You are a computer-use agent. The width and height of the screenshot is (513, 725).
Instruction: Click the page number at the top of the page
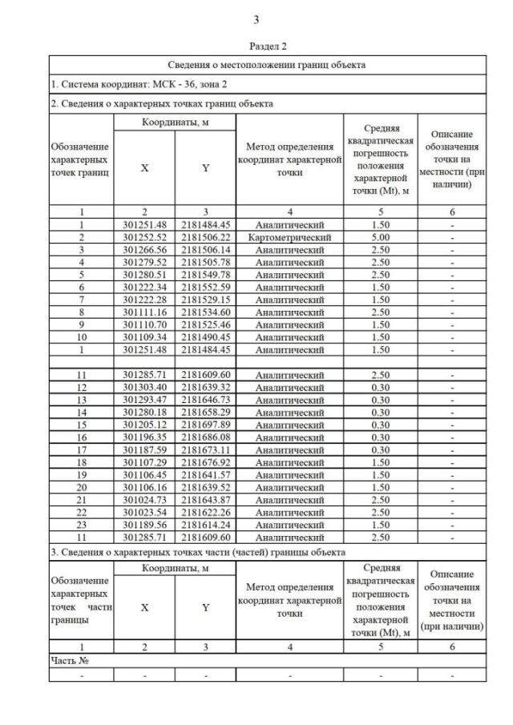tap(256, 20)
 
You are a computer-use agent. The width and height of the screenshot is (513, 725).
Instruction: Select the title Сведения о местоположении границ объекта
tap(267, 65)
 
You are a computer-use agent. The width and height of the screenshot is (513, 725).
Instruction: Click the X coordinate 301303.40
tap(144, 386)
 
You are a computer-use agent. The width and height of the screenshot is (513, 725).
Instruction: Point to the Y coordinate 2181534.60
tap(205, 312)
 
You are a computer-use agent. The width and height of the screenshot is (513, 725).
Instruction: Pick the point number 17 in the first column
tap(81, 449)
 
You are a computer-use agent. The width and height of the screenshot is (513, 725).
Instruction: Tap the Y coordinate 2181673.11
tap(205, 449)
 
